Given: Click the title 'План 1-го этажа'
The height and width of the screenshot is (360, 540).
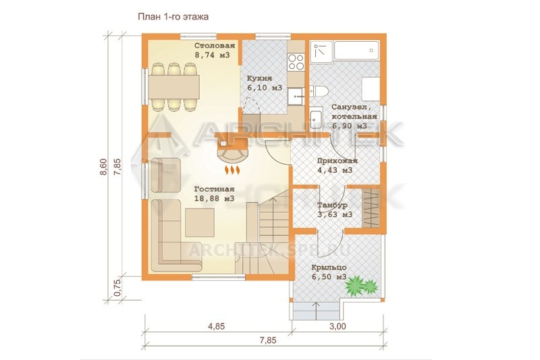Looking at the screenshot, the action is pyautogui.click(x=173, y=16).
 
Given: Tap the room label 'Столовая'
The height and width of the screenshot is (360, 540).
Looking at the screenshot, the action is pyautogui.click(x=215, y=46).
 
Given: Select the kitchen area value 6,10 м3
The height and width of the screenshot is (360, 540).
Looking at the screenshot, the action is pyautogui.click(x=265, y=88).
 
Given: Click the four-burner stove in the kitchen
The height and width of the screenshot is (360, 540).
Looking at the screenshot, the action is pyautogui.click(x=296, y=62).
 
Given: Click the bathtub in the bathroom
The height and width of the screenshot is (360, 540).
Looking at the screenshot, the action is pyautogui.click(x=356, y=50).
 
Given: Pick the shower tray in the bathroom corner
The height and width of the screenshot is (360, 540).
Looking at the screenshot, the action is pyautogui.click(x=321, y=51).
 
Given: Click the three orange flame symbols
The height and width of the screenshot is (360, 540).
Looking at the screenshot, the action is pyautogui.click(x=232, y=170).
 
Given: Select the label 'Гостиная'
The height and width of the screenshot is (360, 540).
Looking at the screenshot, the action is pyautogui.click(x=214, y=189).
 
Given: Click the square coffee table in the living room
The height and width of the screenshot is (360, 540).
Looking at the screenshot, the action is pyautogui.click(x=199, y=222).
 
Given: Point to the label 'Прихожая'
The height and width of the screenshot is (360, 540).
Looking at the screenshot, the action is pyautogui.click(x=337, y=161).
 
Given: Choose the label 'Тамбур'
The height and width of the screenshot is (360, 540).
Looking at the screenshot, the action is pyautogui.click(x=332, y=205).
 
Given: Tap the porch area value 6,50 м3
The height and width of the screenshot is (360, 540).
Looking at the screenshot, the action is pyautogui.click(x=329, y=277).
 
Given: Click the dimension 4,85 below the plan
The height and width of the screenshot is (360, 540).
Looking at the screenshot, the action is pyautogui.click(x=217, y=326).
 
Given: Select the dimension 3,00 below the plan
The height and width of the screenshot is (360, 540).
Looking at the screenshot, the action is pyautogui.click(x=337, y=326).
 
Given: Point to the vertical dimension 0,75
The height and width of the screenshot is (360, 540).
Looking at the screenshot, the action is pyautogui.click(x=117, y=287).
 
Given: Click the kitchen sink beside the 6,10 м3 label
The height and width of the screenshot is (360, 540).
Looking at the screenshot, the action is pyautogui.click(x=296, y=95).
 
